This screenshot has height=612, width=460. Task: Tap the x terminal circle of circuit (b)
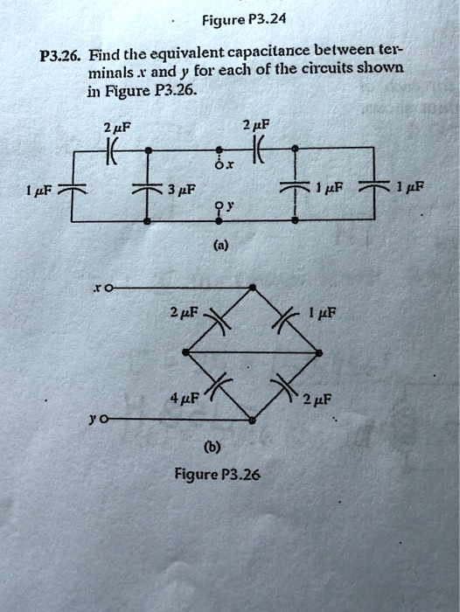[x=108, y=287]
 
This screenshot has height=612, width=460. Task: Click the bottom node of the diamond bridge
[x=253, y=421]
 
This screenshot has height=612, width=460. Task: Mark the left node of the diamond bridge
[x=186, y=352]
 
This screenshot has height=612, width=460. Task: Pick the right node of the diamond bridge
[x=319, y=352]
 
